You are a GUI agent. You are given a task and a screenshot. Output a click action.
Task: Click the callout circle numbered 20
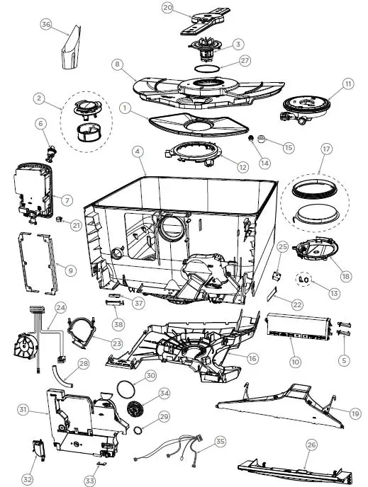point(167,8)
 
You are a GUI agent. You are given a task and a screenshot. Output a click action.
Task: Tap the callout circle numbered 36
point(46,25)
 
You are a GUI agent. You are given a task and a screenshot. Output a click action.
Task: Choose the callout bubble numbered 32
point(28,480)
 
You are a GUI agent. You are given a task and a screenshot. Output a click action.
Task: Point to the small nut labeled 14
point(252,139)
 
